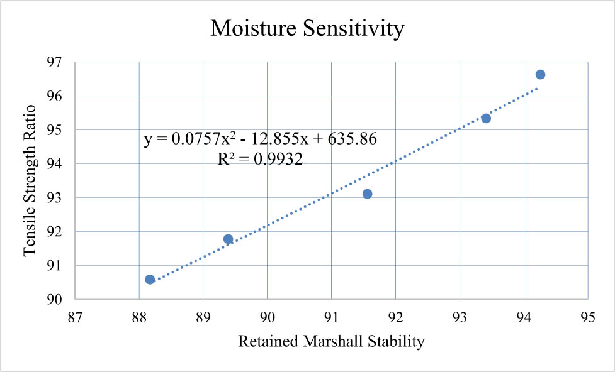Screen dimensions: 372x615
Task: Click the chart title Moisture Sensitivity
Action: (307, 29)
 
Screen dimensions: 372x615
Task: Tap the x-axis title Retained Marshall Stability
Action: (331, 342)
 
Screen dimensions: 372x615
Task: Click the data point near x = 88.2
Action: (150, 280)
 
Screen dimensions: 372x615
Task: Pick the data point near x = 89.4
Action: (228, 239)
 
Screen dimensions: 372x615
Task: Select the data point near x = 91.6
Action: (367, 194)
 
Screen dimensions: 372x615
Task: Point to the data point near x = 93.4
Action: (485, 118)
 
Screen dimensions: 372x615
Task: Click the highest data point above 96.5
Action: (540, 75)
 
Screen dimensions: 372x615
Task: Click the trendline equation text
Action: (260, 140)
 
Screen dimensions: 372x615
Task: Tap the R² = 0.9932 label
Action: (260, 160)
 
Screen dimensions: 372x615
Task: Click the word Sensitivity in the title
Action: (353, 29)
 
